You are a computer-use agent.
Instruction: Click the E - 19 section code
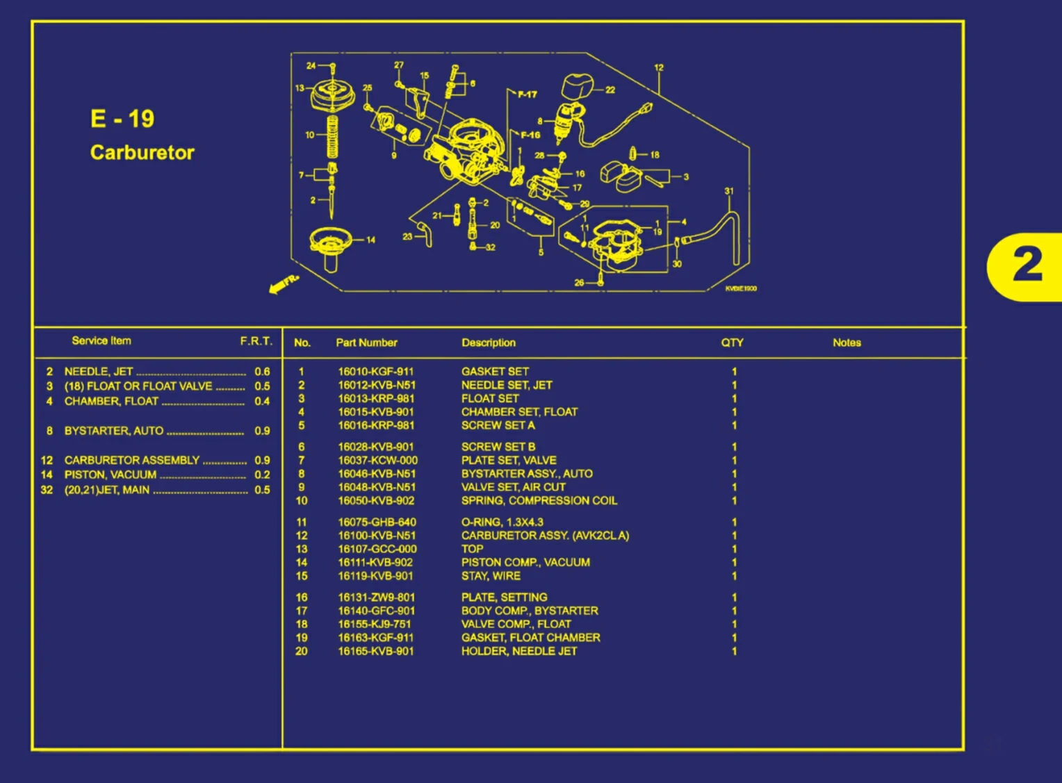pos(122,119)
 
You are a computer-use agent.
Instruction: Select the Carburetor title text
pos(142,153)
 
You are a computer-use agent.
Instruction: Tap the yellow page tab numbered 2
pos(1027,266)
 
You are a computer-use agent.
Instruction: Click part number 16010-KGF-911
pos(375,372)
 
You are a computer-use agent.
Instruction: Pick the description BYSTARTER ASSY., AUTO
pos(527,474)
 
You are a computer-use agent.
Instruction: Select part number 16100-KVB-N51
pos(377,536)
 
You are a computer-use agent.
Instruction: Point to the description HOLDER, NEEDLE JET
pos(519,651)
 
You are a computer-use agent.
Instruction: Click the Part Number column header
pos(366,343)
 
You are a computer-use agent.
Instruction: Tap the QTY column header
pos(732,343)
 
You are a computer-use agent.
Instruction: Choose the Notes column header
pos(847,343)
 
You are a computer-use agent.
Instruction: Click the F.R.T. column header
pos(256,341)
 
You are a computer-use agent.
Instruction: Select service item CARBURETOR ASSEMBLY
pos(132,460)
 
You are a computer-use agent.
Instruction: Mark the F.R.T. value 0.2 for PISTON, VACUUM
pos(262,475)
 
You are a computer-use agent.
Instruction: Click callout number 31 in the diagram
pos(728,191)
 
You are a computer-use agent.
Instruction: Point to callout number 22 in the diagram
pos(610,90)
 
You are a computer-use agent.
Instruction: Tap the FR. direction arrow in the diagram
pos(284,283)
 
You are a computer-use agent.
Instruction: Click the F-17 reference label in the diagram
pos(527,94)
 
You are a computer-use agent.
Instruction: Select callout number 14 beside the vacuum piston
pos(370,240)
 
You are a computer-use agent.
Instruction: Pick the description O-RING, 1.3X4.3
pos(502,522)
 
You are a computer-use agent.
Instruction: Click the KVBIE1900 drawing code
pos(740,288)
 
